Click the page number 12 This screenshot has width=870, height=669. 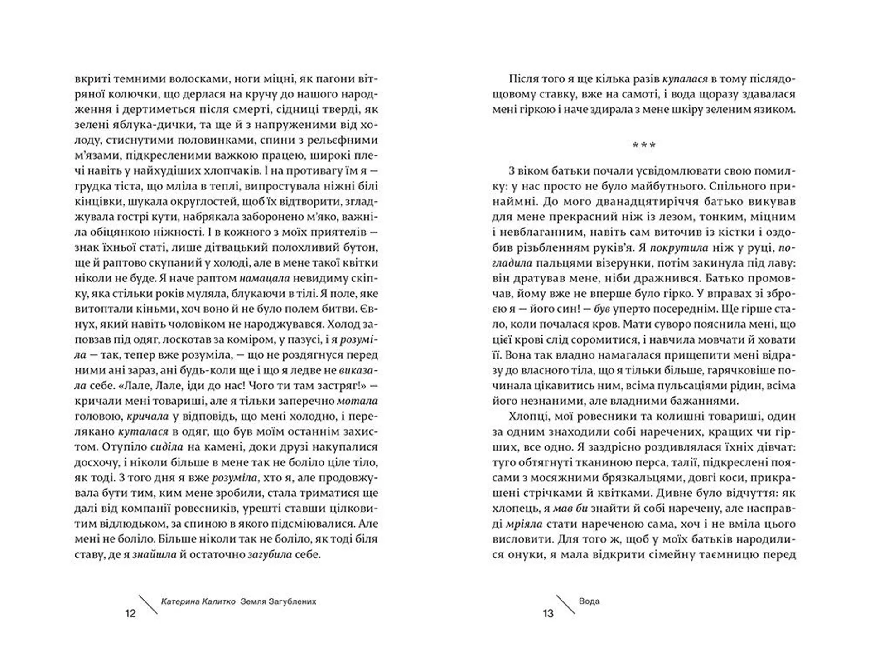[x=130, y=614]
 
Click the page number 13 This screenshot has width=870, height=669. [x=548, y=614]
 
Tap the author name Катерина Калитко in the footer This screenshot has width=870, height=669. [x=198, y=602]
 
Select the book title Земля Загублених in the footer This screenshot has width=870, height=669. [x=279, y=602]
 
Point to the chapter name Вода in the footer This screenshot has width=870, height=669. [x=589, y=601]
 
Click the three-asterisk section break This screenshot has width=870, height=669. [x=643, y=145]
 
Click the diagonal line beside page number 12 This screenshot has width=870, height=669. [x=148, y=605]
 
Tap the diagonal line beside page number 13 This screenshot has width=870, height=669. [x=565, y=605]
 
